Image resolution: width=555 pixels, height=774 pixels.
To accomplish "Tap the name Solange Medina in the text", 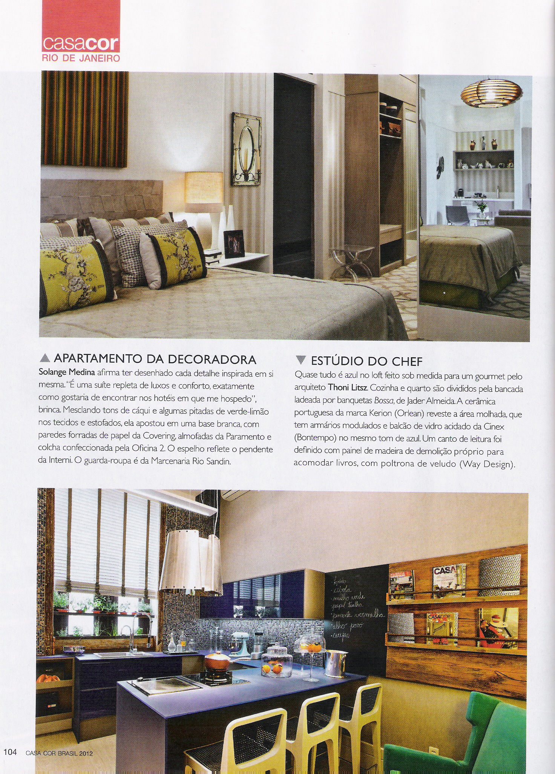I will (67, 373).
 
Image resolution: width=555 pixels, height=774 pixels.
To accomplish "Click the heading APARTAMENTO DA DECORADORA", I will (155, 359).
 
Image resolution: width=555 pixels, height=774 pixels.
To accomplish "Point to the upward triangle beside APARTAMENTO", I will (44, 358).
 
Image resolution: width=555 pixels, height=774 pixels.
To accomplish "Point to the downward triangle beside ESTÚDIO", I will (300, 360).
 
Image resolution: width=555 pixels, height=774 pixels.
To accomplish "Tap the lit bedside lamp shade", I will (203, 187).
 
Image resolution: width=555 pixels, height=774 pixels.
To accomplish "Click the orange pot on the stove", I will (218, 661).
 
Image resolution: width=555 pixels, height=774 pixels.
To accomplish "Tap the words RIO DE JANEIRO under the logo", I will (81, 58).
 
